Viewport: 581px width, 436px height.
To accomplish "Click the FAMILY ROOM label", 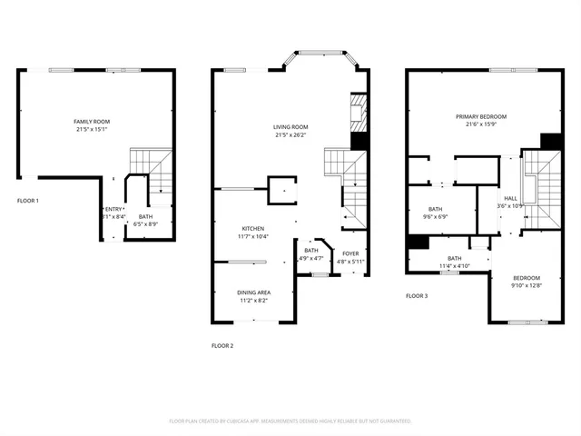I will (92, 121).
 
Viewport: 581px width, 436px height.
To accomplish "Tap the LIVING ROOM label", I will (292, 127).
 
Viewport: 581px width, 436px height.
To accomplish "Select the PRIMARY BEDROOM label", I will (481, 116).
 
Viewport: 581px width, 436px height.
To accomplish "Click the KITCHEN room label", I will (252, 228).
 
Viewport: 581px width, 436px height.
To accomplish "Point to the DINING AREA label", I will (253, 292).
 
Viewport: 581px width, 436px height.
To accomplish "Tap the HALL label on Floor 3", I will (511, 198).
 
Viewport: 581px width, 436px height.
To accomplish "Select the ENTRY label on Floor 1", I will (113, 210).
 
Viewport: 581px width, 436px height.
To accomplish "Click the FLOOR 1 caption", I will (27, 200).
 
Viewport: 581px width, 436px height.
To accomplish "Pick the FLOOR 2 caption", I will (222, 345).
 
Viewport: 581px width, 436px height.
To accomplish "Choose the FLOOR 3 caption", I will (416, 296).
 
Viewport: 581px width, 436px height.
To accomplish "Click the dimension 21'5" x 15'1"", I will (92, 129).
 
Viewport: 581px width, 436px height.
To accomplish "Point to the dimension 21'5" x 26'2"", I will (292, 135).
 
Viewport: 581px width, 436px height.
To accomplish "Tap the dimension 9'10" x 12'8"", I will (526, 286).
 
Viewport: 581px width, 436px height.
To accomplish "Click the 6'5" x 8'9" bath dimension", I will (145, 224).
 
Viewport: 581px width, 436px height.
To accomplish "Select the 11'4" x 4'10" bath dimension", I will (454, 266).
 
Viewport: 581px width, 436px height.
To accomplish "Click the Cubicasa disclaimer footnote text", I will (290, 421).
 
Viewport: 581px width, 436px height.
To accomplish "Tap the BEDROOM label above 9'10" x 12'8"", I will (526, 278).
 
